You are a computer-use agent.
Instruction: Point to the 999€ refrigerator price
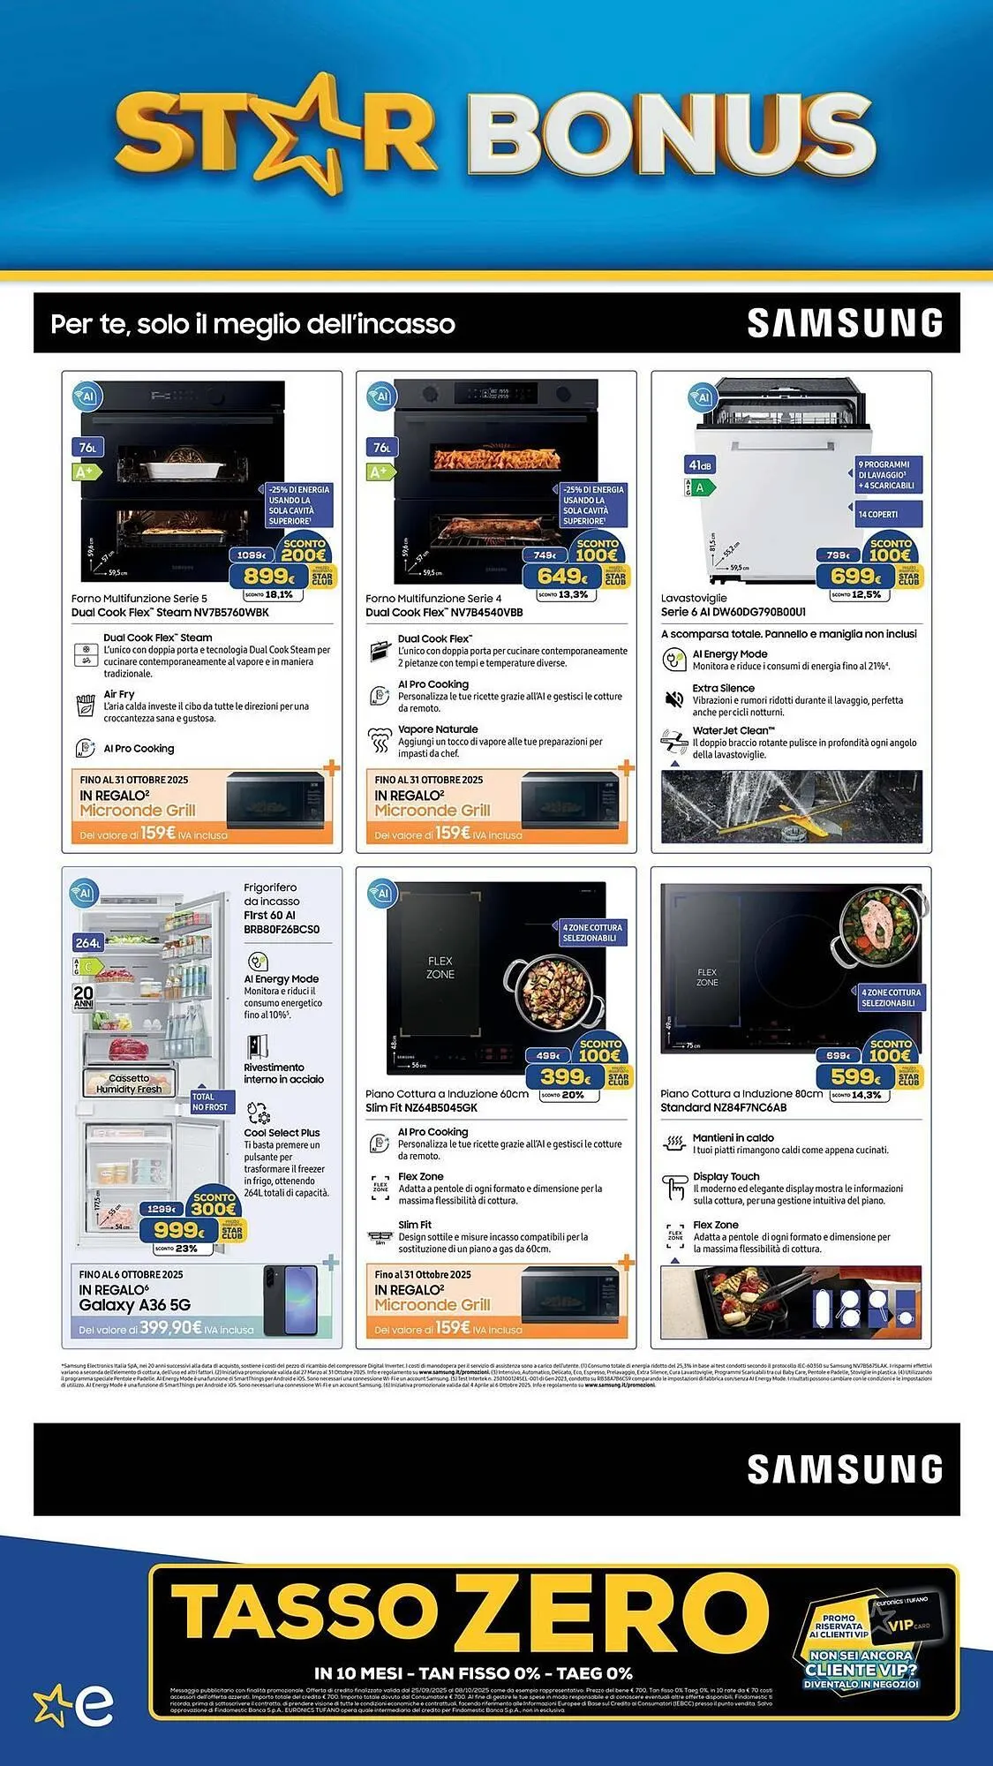[179, 1230]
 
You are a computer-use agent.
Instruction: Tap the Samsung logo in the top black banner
[845, 323]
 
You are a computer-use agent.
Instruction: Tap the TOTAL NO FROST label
[209, 1102]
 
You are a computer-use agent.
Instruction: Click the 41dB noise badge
[700, 465]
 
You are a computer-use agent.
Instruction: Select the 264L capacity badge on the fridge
[87, 943]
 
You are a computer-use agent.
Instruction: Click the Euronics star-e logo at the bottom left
[74, 1706]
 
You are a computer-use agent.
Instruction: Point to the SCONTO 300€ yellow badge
[214, 1204]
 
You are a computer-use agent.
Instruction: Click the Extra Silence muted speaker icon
[674, 699]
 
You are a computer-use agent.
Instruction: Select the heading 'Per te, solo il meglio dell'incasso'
[252, 324]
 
